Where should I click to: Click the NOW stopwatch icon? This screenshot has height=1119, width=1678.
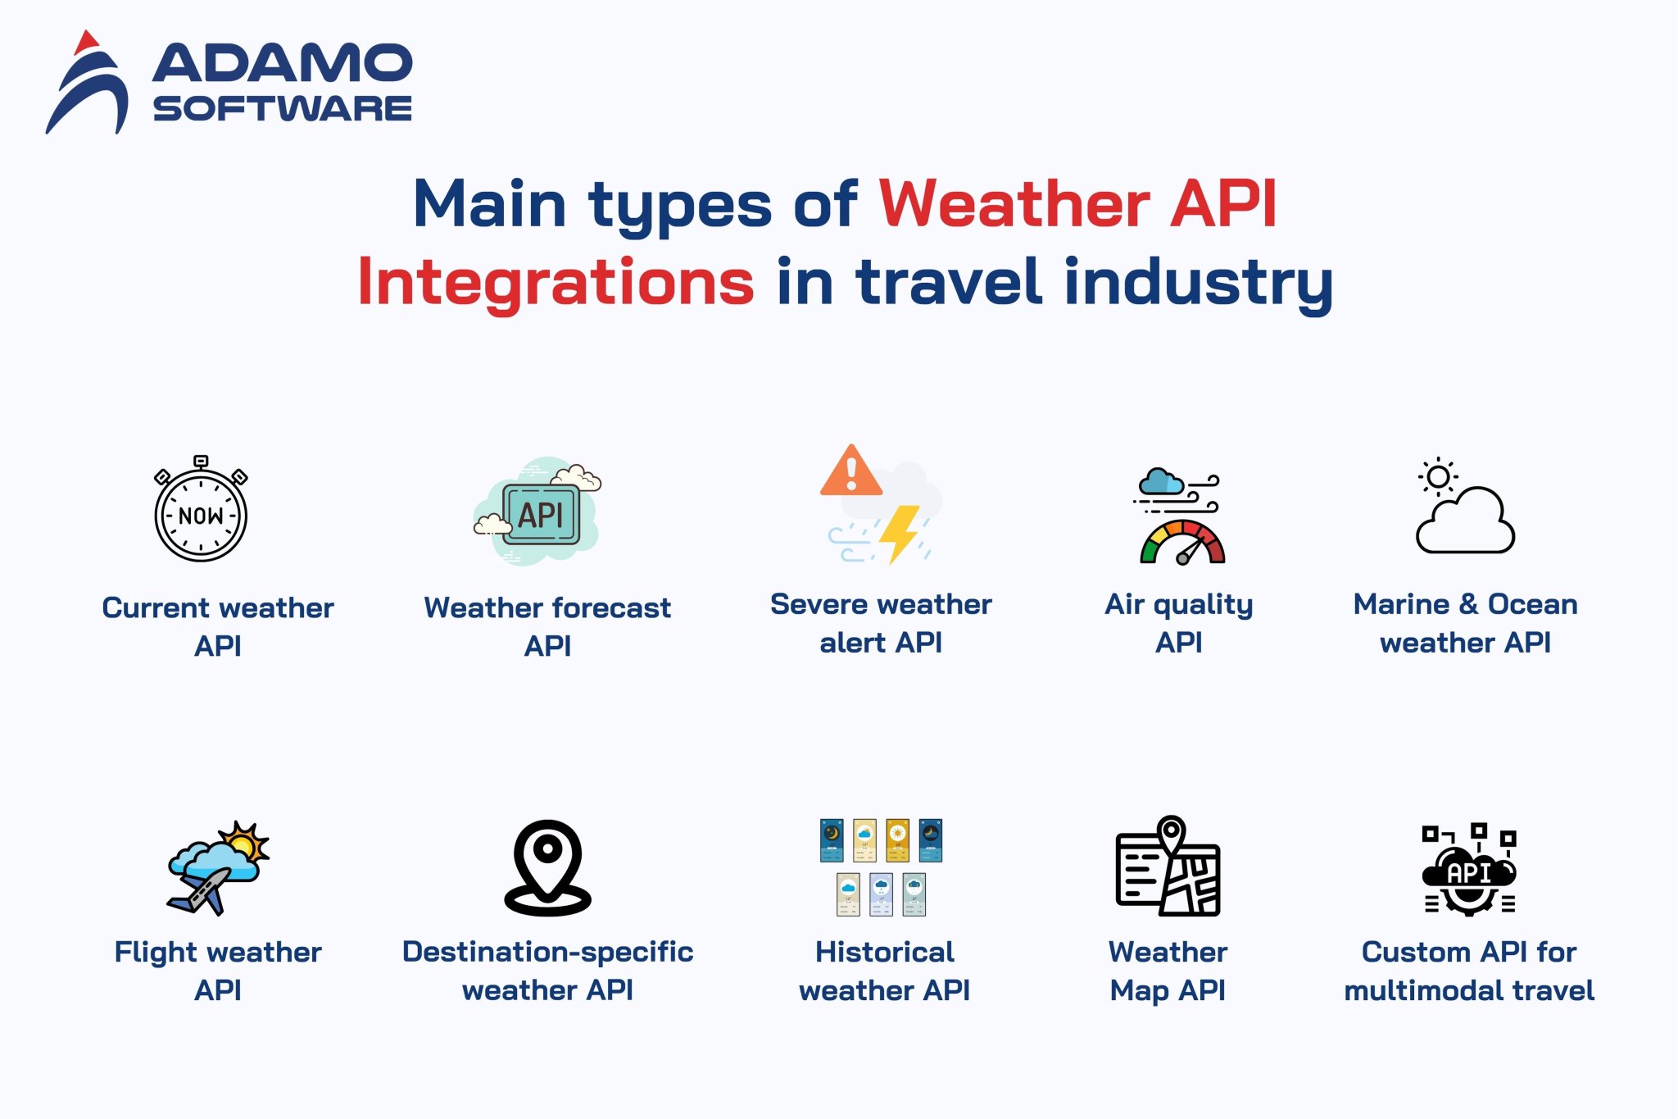coord(201,512)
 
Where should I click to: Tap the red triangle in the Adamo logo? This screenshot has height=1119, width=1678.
coord(87,42)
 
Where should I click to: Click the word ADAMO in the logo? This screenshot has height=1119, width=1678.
coord(282,64)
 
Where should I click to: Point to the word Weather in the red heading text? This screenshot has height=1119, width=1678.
coord(1014,204)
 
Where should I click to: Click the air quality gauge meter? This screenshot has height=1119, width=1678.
coord(1181,543)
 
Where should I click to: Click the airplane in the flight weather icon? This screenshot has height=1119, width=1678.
coord(201,892)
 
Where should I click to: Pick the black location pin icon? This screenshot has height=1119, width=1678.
coord(547,867)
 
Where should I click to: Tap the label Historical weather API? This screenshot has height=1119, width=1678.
coord(885,971)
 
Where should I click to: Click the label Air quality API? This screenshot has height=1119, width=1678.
coord(1179,623)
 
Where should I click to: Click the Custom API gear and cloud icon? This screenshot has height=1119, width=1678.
coord(1469,871)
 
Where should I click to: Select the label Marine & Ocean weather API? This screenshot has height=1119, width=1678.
coord(1465,623)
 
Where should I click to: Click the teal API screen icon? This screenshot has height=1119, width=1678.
coord(541,515)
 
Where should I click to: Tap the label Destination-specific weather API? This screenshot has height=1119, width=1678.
coord(547,971)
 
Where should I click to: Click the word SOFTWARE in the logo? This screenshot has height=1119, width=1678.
coord(282,109)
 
